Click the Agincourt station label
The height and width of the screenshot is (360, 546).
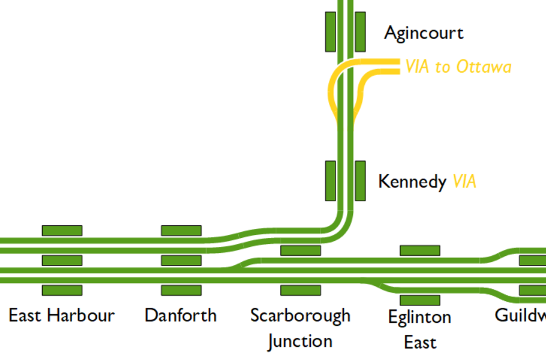tap(424, 33)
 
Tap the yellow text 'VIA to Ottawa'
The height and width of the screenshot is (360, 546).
tap(458, 66)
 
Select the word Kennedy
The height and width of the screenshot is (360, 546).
tap(412, 181)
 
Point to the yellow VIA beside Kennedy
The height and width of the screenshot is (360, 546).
tap(464, 181)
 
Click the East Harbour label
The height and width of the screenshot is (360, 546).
tap(61, 315)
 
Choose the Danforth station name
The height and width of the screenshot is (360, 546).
tap(180, 315)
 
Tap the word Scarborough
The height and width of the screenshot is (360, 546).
tap(300, 315)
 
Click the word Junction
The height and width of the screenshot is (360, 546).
tap(300, 341)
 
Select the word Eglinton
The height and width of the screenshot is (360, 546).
tap(420, 317)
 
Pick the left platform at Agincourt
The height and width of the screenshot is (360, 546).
tap(330, 31)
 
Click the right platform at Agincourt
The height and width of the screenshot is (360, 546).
tap(360, 31)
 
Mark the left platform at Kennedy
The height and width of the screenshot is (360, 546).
tap(330, 180)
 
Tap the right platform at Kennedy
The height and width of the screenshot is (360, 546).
tap(360, 180)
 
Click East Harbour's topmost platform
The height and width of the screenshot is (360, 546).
tap(62, 230)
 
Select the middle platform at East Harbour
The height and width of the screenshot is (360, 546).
tap(62, 260)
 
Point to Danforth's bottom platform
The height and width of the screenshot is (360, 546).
tap(181, 290)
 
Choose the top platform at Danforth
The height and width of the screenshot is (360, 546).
tap(181, 230)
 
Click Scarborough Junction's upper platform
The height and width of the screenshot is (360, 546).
tap(301, 250)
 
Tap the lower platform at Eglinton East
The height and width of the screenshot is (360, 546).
tap(420, 300)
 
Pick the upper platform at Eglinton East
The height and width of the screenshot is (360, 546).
tap(420, 250)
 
